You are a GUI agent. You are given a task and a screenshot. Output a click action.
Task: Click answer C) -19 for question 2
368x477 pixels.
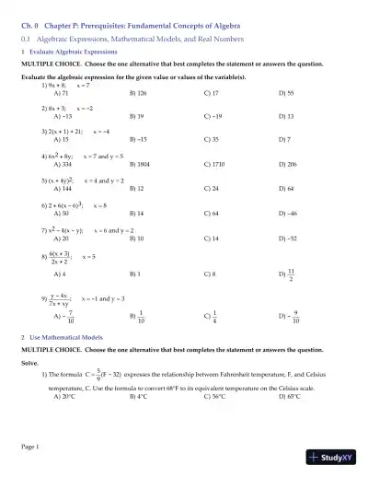(214, 118)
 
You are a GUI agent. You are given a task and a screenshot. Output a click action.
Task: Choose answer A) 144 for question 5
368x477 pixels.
(65, 187)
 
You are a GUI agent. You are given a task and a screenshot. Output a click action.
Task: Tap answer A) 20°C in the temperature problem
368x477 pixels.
(66, 397)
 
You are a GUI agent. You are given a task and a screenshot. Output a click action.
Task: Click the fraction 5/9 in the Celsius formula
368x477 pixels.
(98, 375)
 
